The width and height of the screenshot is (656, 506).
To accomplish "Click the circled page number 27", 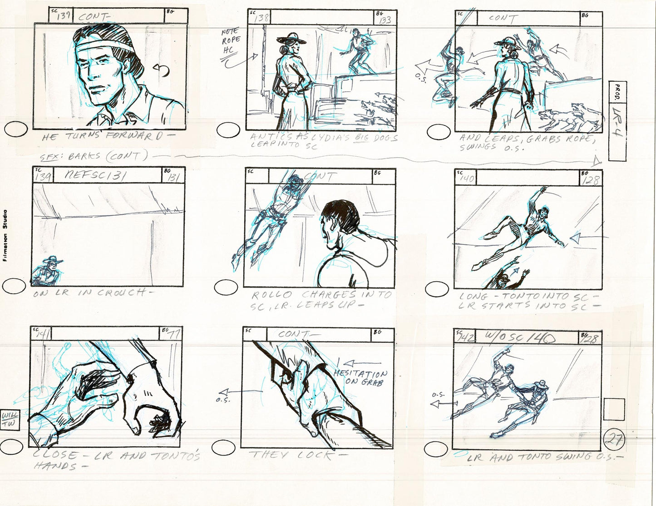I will (615, 439).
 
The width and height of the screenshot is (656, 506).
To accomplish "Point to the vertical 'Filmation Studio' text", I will (5, 235).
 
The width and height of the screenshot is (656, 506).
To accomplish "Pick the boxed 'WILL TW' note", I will (8, 419).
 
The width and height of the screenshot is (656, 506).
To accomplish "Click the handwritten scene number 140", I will (467, 179).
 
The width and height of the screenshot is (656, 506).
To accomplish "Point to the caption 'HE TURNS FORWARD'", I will (102, 137).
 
